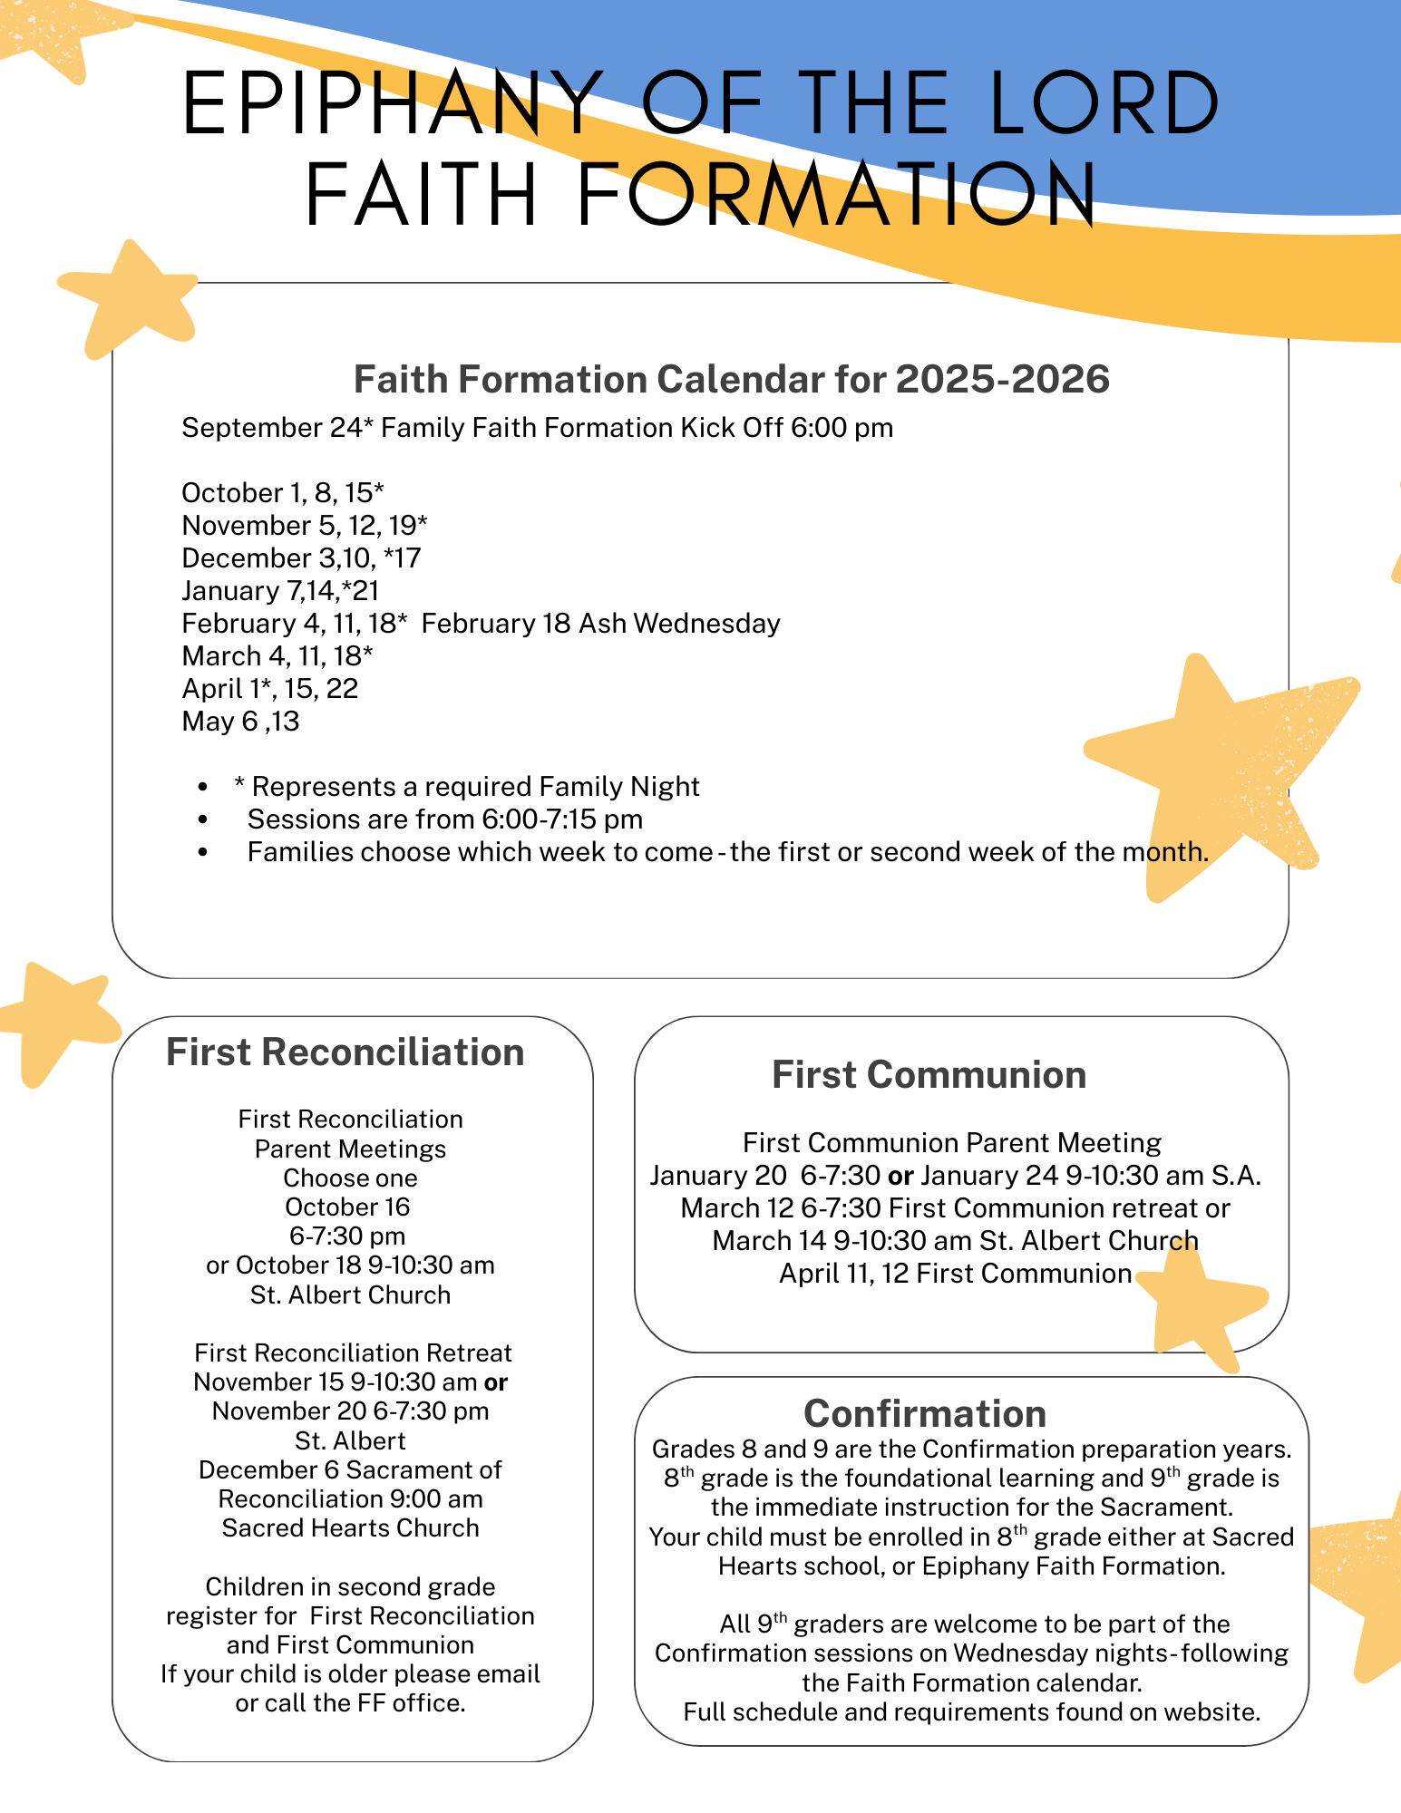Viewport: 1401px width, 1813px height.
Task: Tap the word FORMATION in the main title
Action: [836, 195]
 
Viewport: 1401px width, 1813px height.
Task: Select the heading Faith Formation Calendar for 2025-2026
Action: [731, 380]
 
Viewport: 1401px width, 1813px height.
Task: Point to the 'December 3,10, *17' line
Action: [301, 558]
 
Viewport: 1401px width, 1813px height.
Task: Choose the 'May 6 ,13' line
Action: [240, 722]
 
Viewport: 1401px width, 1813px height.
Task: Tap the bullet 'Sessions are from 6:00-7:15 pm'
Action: [444, 819]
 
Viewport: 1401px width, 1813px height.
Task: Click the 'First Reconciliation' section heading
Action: [345, 1052]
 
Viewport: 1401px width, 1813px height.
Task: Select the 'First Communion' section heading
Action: [929, 1075]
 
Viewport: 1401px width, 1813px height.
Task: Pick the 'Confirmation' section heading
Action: [925, 1414]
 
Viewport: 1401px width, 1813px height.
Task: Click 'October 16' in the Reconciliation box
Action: [347, 1207]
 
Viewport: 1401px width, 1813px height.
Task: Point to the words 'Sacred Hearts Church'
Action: [350, 1528]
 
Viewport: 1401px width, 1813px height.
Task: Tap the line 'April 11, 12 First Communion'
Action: [955, 1274]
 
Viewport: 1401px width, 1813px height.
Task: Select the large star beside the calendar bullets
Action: [1215, 771]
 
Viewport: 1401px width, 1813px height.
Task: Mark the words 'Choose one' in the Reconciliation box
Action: [350, 1178]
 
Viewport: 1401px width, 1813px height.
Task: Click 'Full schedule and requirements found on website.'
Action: [971, 1712]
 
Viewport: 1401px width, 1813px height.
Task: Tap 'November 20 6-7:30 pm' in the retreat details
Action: [350, 1411]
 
